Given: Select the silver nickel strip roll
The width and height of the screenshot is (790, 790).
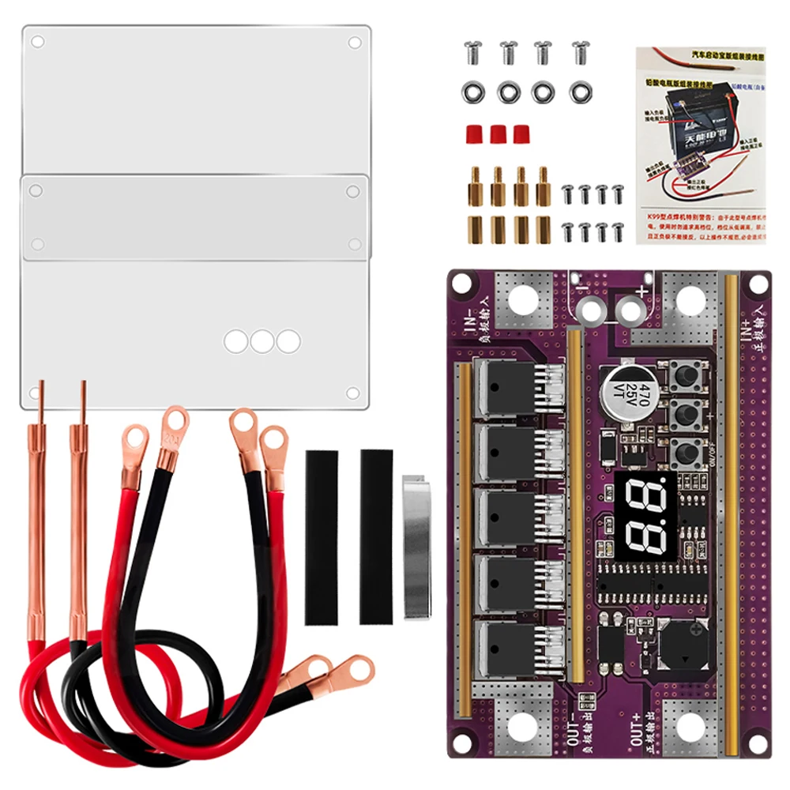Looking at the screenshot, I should pyautogui.click(x=417, y=546).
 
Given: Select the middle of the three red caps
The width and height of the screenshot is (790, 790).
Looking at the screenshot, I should pyautogui.click(x=498, y=134).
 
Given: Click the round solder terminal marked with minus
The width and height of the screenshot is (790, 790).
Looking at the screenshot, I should pyautogui.click(x=591, y=310).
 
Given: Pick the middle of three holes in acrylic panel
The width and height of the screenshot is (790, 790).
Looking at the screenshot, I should pyautogui.click(x=261, y=341).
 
